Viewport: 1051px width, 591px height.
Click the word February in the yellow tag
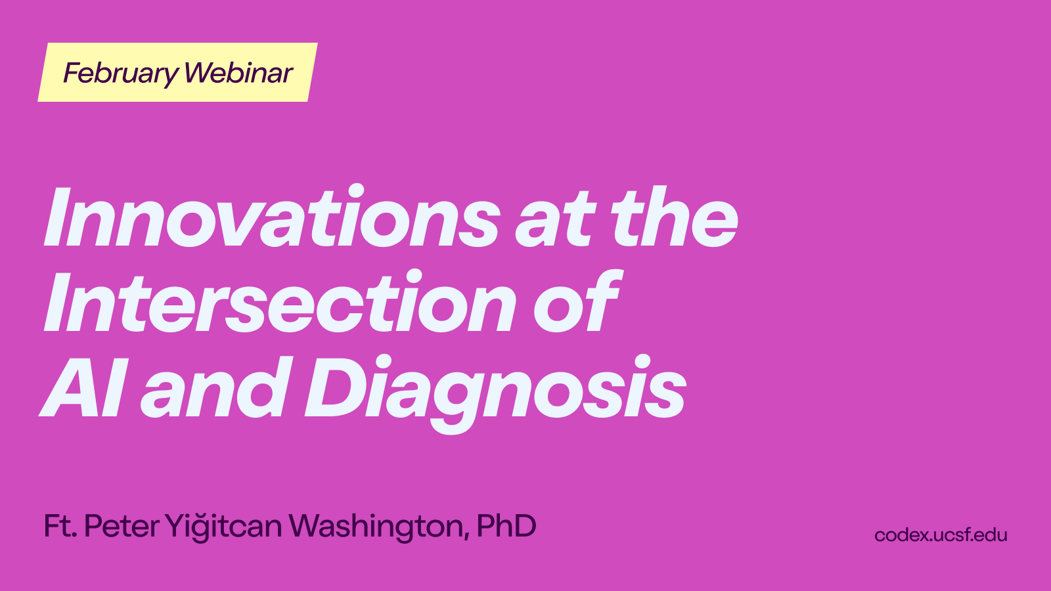(121, 74)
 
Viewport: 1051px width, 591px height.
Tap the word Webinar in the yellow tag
(238, 73)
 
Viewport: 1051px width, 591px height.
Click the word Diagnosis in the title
(495, 394)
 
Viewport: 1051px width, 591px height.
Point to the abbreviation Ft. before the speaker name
(60, 526)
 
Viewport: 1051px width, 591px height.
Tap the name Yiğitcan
(223, 527)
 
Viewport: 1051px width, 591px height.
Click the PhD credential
(506, 526)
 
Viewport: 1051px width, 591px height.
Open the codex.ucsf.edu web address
(941, 535)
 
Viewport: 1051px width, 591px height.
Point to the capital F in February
(73, 73)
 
